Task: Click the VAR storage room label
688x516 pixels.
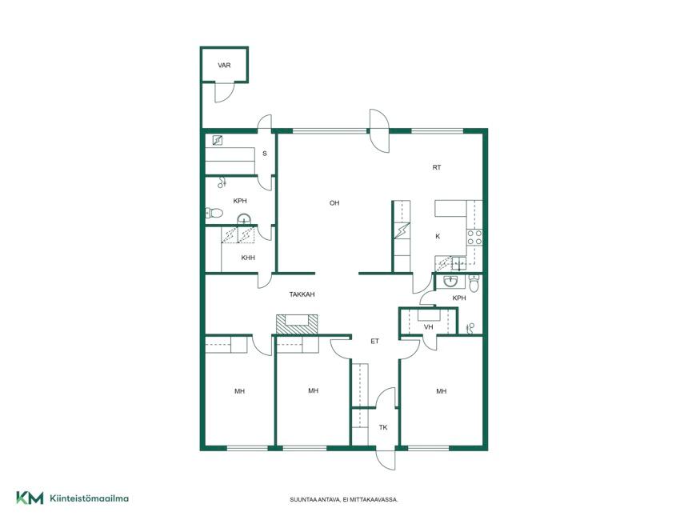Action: (224, 66)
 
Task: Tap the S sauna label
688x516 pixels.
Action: (265, 154)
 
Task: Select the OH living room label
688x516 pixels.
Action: (334, 202)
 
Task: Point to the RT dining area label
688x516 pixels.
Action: (437, 167)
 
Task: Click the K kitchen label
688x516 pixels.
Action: (438, 236)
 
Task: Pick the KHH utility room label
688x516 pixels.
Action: (248, 258)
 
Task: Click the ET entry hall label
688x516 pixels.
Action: (374, 341)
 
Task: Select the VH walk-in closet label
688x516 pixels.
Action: (428, 327)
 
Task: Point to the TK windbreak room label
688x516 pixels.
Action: (383, 427)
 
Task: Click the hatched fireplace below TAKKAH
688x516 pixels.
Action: (297, 325)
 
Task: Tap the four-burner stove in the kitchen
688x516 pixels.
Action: (474, 238)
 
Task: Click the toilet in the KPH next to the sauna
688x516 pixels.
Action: (214, 214)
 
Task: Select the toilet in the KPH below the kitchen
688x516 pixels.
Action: (474, 283)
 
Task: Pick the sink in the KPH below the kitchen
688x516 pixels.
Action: (450, 282)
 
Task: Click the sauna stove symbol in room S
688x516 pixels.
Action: (217, 140)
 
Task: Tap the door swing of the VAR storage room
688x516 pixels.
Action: (224, 93)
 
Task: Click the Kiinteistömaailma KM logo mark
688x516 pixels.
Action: (30, 498)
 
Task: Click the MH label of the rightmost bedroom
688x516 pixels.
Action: (441, 391)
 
